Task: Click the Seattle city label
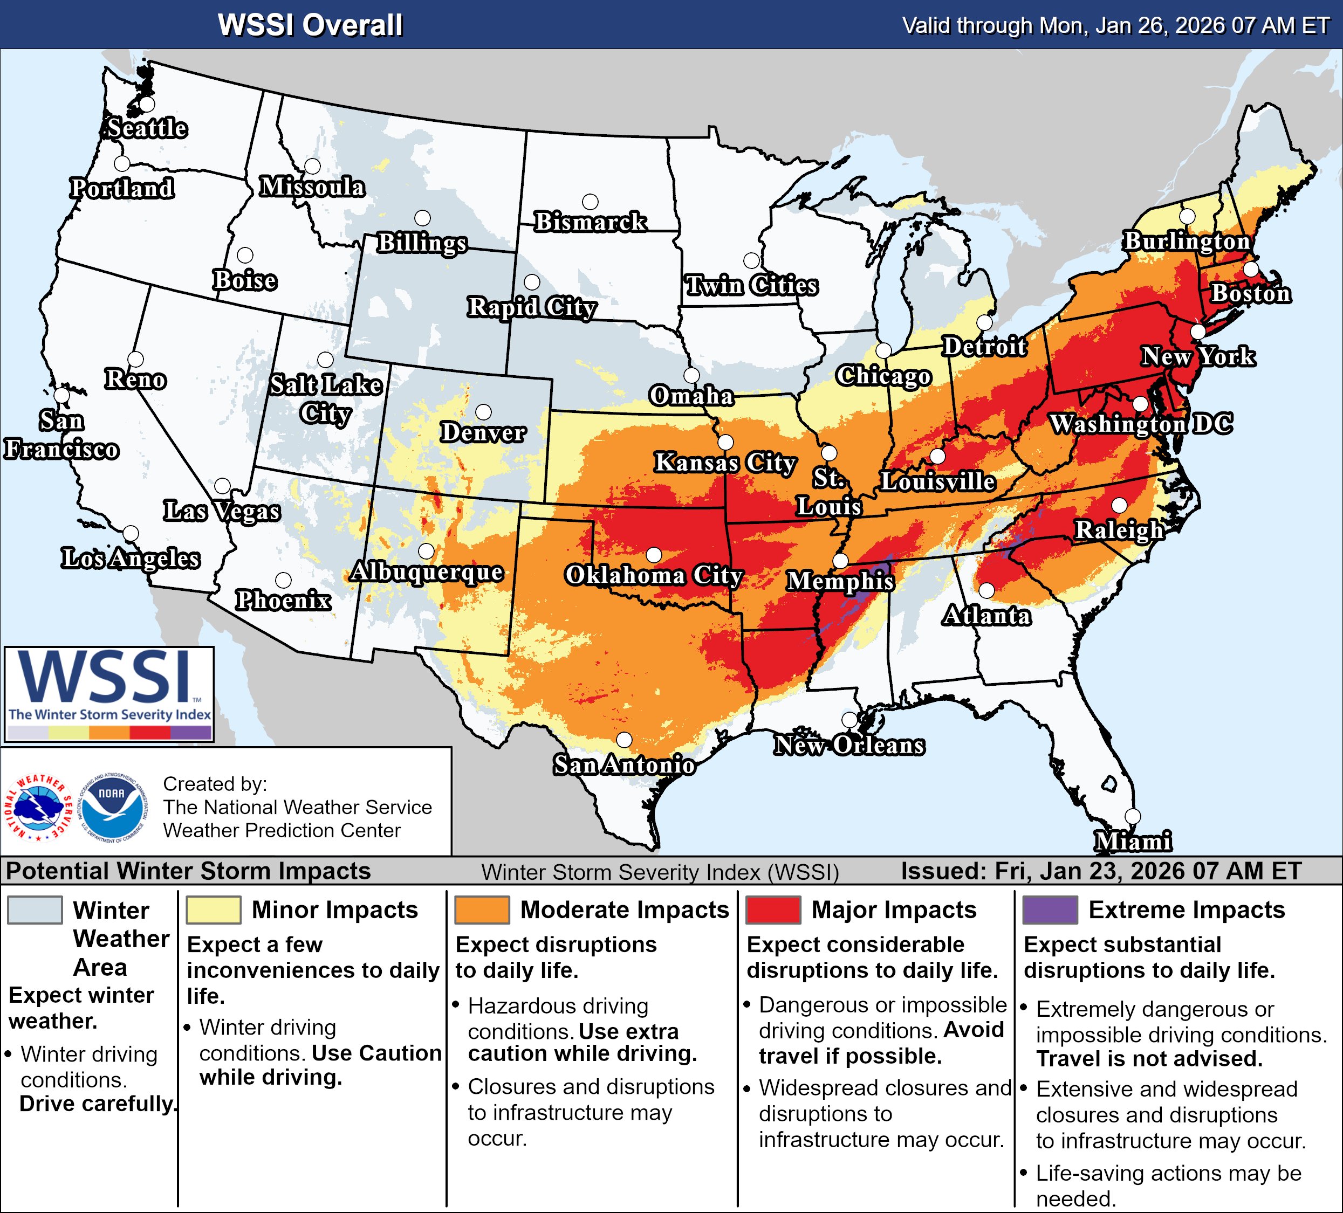[x=147, y=128]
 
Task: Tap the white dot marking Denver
[x=484, y=412]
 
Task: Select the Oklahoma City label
[x=654, y=575]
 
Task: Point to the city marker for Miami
[x=1133, y=816]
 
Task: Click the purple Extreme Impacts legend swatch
[x=1050, y=910]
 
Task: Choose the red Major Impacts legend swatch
[x=773, y=910]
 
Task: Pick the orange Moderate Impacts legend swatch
[x=482, y=910]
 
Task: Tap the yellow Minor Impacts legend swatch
[x=213, y=910]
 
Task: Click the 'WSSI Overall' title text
[x=311, y=25]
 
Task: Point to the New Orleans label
[x=849, y=745]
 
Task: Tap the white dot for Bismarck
[x=590, y=202]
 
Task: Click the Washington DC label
[x=1141, y=424]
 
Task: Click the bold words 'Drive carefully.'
[x=99, y=1104]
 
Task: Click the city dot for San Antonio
[x=624, y=740]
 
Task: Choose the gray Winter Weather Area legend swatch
[x=35, y=910]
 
